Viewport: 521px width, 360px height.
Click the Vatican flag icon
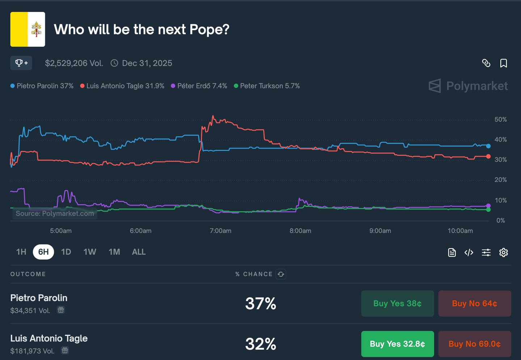27,29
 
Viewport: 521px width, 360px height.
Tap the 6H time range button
43,252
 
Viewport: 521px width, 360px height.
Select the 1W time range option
90,252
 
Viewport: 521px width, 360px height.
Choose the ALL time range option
139,252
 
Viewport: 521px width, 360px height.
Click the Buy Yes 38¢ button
397,304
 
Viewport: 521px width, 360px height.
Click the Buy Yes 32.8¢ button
397,344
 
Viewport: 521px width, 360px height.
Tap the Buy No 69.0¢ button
474,344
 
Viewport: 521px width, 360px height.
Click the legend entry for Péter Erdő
199,86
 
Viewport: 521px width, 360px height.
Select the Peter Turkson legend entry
267,86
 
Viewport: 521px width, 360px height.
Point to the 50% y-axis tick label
500,119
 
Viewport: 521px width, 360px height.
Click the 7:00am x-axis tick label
220,231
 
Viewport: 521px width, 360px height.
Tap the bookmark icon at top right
503,63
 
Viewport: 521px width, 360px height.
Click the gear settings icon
503,253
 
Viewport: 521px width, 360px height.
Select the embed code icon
469,253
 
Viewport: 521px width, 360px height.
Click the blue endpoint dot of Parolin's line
488,146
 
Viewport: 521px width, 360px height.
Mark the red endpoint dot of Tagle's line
488,156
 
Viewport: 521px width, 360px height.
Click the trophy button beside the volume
21,63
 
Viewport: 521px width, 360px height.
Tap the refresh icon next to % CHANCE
281,274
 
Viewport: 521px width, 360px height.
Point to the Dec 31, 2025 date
147,63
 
